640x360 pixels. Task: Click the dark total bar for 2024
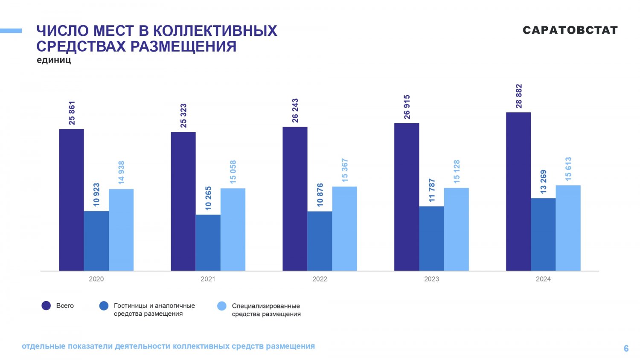point(518,192)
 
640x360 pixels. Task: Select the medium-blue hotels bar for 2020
point(96,241)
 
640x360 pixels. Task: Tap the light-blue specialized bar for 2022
point(345,229)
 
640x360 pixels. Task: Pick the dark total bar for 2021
point(183,201)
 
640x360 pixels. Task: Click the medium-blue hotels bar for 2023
point(431,238)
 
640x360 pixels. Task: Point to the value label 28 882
point(519,96)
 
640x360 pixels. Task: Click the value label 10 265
point(208,198)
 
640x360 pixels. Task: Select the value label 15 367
point(345,171)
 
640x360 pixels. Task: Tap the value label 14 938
point(121,173)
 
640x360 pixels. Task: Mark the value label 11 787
point(432,190)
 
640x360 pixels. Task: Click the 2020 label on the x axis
point(96,279)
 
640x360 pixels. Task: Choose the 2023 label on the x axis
point(431,279)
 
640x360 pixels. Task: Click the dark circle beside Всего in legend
point(46,306)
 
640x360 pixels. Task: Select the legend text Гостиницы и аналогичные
point(154,306)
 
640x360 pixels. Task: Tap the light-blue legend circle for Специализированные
point(222,306)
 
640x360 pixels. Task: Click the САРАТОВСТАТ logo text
point(570,30)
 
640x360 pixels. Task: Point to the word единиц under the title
point(54,60)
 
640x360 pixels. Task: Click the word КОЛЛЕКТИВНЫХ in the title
point(215,31)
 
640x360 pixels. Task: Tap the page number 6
point(626,348)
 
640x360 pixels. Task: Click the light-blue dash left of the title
point(11,31)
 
